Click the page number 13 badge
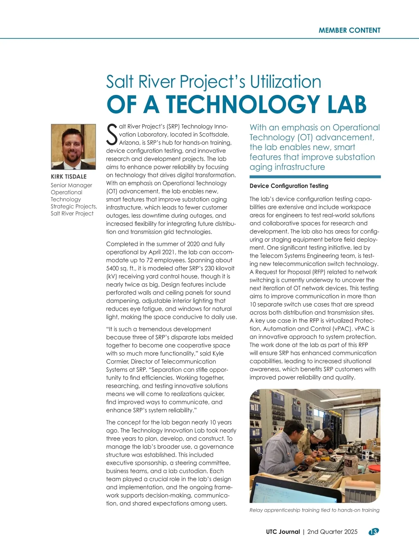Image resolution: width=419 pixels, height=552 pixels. tap(374, 532)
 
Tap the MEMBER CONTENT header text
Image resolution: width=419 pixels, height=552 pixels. tap(350, 30)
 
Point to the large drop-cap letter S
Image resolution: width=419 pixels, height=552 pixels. tap(112, 135)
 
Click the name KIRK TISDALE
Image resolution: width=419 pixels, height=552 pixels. tap(69, 177)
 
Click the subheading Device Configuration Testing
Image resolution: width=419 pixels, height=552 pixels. tap(289, 186)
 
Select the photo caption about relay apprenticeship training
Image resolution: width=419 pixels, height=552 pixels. tap(314, 510)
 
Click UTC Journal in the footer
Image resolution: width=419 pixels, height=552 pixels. tap(283, 532)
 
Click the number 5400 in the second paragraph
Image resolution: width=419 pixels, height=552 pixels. tap(113, 268)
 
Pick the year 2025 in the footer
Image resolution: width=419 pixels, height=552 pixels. tap(351, 532)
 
